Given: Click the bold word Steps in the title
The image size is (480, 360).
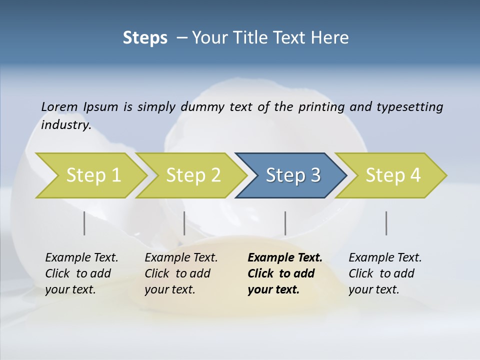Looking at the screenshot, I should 145,38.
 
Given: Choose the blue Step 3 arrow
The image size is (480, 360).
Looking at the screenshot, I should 293,175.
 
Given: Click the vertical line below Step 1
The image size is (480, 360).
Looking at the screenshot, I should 84,223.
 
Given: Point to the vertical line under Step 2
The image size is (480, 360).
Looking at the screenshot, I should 184,223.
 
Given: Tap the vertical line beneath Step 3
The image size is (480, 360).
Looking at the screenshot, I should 285,223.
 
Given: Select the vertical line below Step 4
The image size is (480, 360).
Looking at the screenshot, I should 386,223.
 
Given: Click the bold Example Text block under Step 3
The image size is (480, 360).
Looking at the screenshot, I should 285,273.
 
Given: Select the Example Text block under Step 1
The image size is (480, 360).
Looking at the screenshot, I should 81,273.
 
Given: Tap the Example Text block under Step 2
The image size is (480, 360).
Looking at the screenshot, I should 181,273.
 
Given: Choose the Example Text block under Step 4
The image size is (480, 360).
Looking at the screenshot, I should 385,273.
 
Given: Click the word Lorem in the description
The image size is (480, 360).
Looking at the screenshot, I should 59,107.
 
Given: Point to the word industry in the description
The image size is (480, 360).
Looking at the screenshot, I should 66,125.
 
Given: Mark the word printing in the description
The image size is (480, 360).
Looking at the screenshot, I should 321,107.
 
